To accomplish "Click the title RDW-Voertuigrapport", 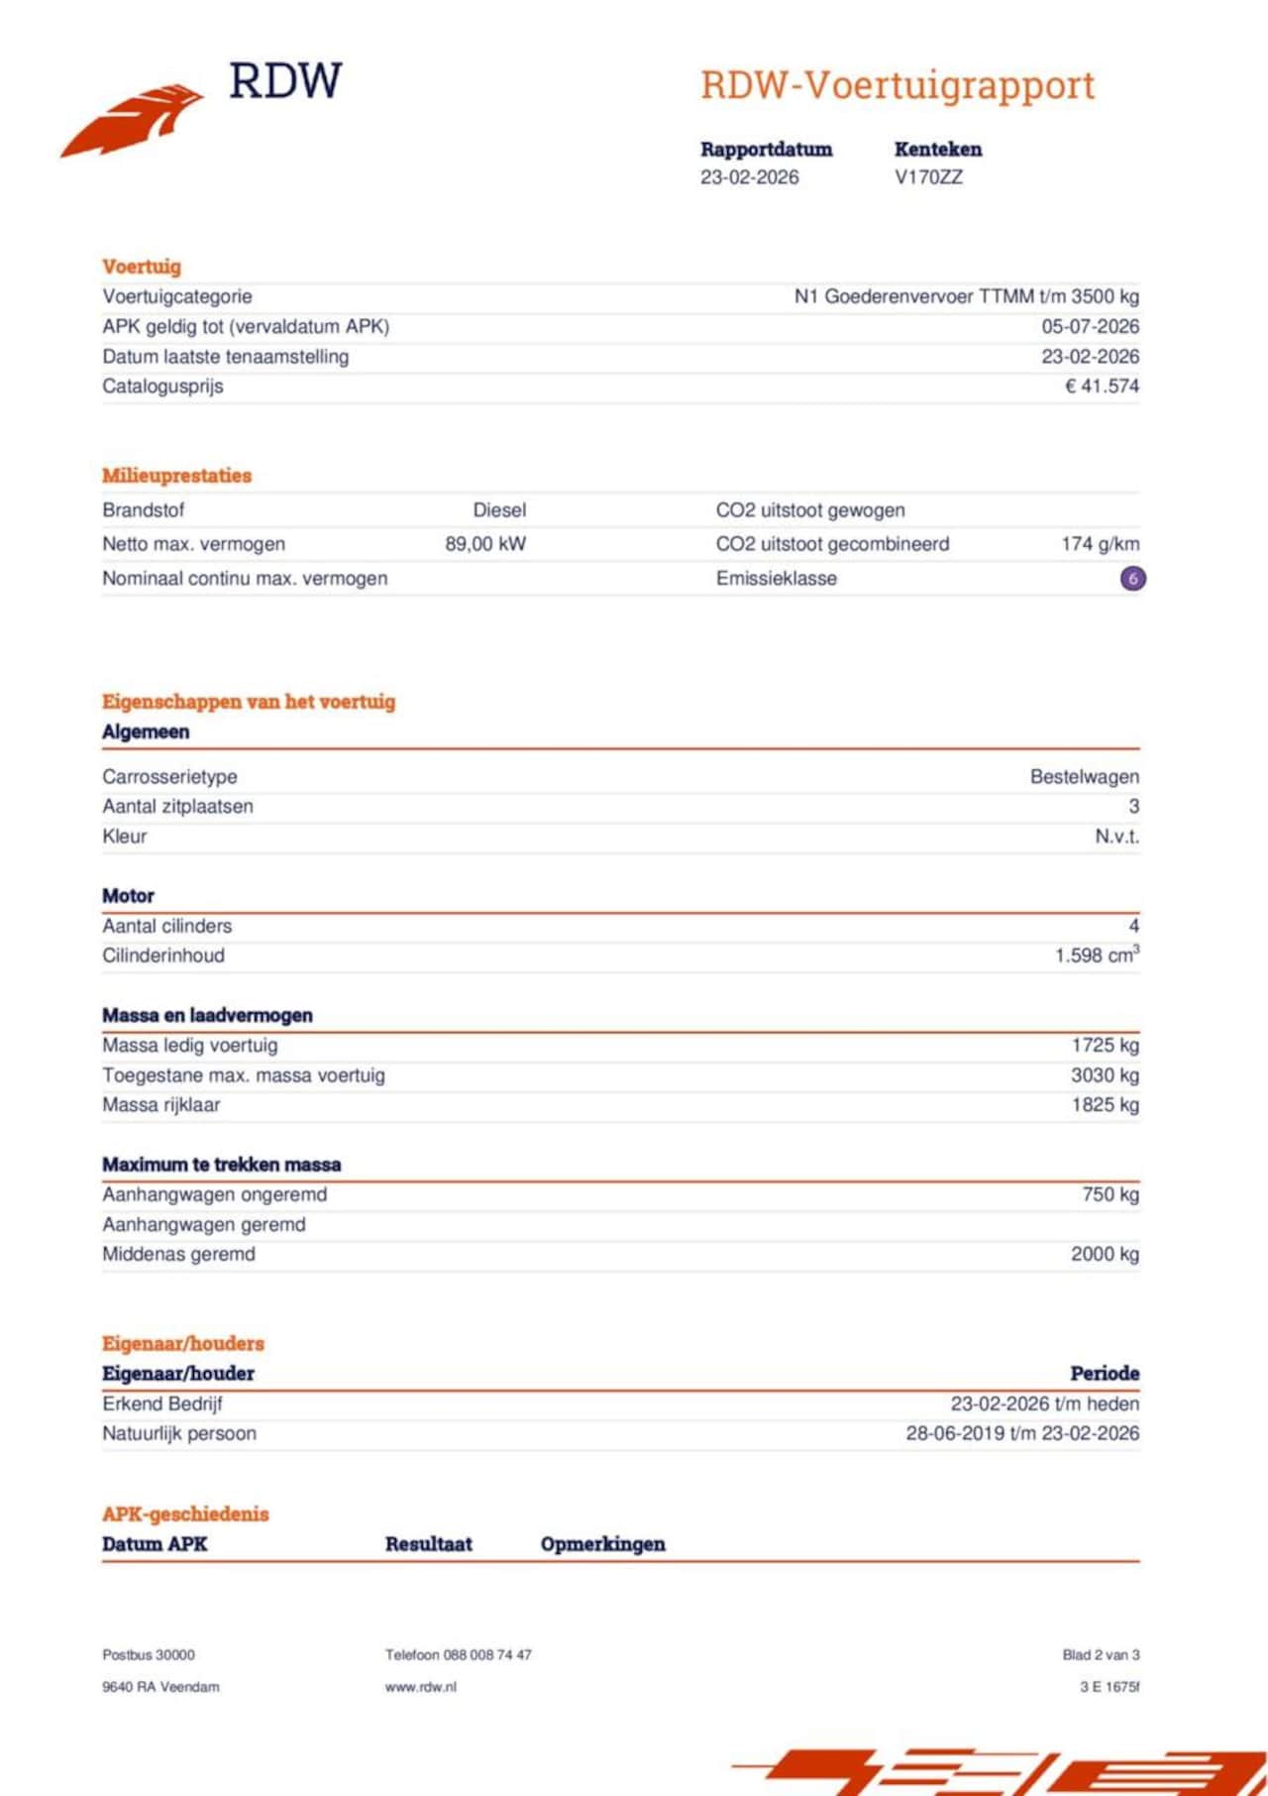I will click(x=898, y=85).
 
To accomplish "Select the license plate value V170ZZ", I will click(x=928, y=177).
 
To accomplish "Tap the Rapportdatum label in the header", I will click(x=766, y=150).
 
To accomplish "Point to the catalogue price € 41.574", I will click(x=1102, y=387).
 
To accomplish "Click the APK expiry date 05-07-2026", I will click(x=1090, y=327).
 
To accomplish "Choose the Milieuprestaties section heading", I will click(x=176, y=476).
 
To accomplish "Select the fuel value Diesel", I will click(x=499, y=510).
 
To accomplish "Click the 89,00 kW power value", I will click(x=485, y=544).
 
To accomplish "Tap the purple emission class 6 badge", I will click(x=1132, y=578).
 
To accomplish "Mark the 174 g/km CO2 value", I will click(x=1100, y=544).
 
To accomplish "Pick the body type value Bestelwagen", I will click(x=1084, y=777).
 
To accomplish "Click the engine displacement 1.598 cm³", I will click(x=1096, y=955).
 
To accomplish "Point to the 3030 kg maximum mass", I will click(x=1105, y=1075).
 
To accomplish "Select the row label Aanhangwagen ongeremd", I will click(x=214, y=1195).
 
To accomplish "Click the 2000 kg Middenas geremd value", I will click(x=1105, y=1255).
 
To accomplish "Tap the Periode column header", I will click(x=1104, y=1374).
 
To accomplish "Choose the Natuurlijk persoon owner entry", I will click(x=179, y=1434).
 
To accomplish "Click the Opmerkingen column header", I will click(x=602, y=1544).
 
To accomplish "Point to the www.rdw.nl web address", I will click(x=421, y=1687).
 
